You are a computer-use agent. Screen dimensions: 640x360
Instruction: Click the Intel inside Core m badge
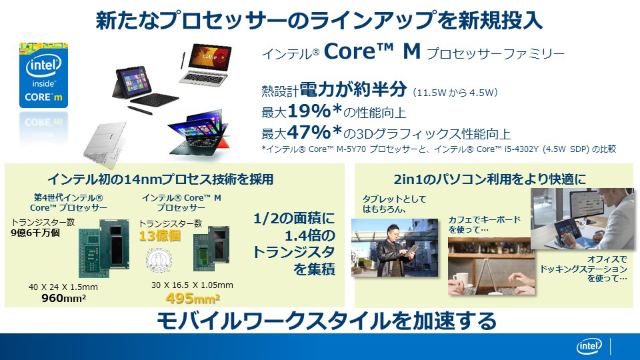[x=44, y=75]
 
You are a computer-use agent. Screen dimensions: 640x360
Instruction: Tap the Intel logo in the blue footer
[x=589, y=347]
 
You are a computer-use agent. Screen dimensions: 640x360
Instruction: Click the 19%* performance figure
[x=314, y=111]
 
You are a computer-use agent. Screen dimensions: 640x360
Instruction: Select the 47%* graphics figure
[x=314, y=132]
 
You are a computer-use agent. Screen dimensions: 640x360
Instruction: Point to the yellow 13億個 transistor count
[x=159, y=236]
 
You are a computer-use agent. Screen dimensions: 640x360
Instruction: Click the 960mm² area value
[x=64, y=299]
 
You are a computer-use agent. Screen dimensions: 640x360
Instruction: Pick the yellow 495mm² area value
[x=193, y=299]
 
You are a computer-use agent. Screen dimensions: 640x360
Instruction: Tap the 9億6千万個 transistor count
[x=35, y=233]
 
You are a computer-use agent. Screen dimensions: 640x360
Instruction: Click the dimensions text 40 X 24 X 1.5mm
[x=63, y=287]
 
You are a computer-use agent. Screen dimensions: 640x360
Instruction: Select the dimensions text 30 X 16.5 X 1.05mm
[x=192, y=285]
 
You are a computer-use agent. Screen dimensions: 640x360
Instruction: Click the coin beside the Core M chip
[x=159, y=260]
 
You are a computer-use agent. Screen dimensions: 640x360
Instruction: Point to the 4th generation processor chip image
[x=104, y=248]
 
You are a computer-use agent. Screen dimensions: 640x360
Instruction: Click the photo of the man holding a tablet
[x=395, y=248]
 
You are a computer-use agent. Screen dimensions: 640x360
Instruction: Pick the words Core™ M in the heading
[x=372, y=51]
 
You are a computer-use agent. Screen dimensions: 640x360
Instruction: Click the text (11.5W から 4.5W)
[x=455, y=93]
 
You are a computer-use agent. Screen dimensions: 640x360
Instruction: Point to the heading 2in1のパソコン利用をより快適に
[x=490, y=179]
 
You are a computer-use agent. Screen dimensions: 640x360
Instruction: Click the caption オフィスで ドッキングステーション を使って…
[x=584, y=269]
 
